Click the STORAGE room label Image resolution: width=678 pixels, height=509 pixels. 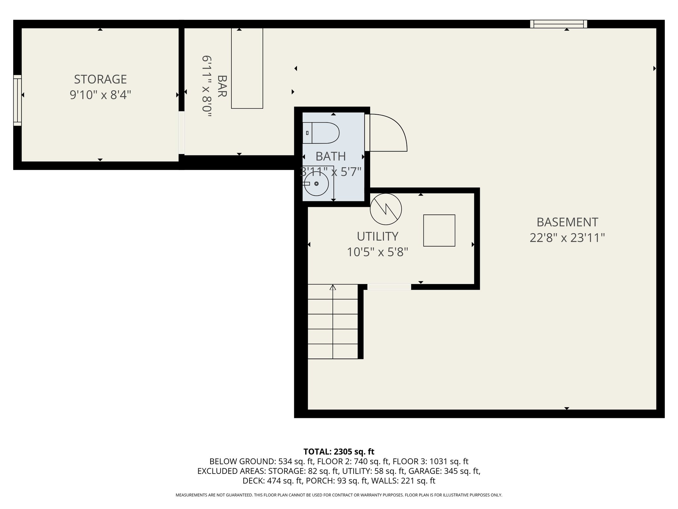tap(100, 79)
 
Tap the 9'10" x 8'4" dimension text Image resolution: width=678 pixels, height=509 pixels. tap(100, 95)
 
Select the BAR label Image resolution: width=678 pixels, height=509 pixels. tap(222, 86)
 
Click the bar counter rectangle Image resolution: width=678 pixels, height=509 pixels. tap(247, 68)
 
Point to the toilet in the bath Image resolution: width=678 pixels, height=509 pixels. tap(321, 133)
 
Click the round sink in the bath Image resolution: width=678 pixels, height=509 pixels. tap(316, 184)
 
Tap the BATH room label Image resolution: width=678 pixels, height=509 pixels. tap(331, 156)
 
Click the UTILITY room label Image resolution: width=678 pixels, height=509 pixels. tap(377, 236)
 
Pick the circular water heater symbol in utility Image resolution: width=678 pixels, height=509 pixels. tap(386, 209)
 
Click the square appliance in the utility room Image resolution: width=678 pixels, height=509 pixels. tap(439, 230)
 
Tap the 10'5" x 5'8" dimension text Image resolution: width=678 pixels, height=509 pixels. tap(377, 253)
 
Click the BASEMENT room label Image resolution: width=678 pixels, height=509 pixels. tap(567, 222)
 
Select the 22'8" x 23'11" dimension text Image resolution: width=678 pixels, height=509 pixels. tap(567, 238)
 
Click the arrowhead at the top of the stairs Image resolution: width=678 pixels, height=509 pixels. tap(333, 287)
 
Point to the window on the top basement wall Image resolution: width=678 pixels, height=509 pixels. tap(558, 24)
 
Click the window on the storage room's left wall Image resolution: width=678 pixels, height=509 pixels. tap(18, 100)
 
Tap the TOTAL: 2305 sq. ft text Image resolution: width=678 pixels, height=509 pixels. tap(339, 451)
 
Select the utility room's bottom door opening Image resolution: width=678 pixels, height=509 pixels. tap(389, 287)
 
